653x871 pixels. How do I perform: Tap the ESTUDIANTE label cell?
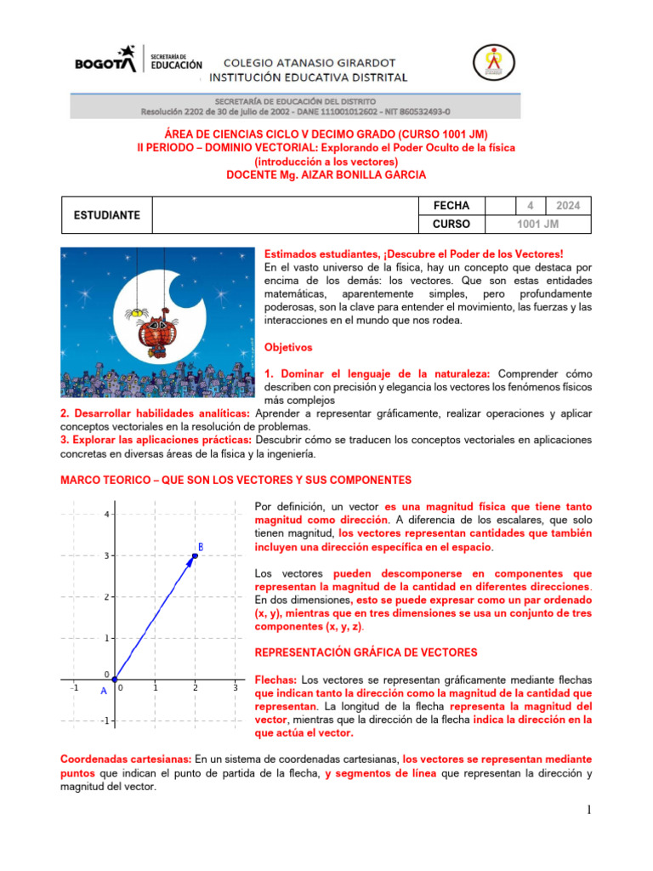tap(106, 215)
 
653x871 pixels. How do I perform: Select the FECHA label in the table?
tap(451, 206)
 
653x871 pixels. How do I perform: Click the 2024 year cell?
tap(568, 206)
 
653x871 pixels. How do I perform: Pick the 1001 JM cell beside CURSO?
tap(538, 225)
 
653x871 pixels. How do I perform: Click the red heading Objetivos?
tap(288, 348)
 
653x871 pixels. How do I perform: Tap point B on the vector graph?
tap(196, 555)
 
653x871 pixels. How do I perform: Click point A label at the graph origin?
tap(104, 691)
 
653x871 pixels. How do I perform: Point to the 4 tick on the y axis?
tap(106, 515)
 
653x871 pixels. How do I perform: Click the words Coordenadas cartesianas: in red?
tap(126, 759)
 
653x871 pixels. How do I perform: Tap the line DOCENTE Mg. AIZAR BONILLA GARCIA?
tap(326, 174)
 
